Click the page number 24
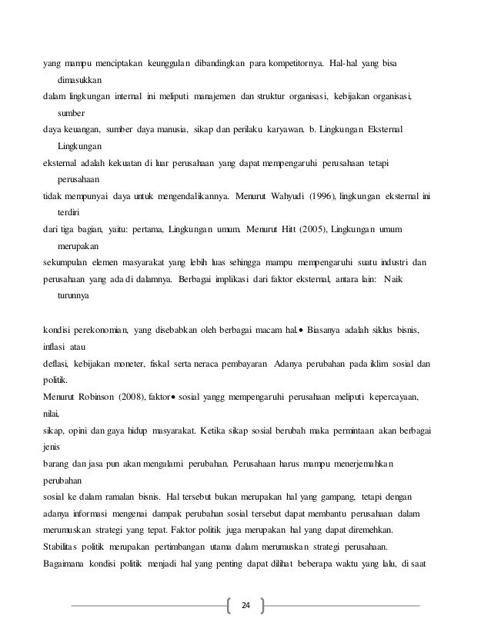pyautogui.click(x=245, y=605)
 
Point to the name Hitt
pyautogui.click(x=298, y=229)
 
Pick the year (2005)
pyautogui.click(x=325, y=229)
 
